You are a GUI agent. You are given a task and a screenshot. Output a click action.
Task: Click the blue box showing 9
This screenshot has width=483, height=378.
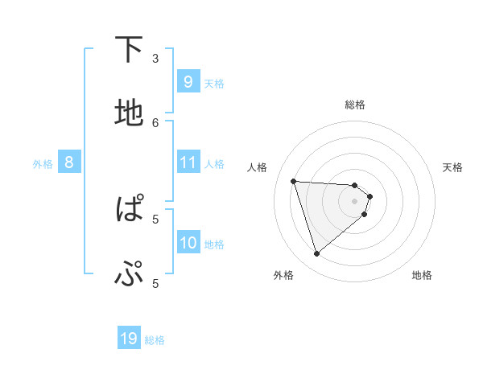(x=188, y=81)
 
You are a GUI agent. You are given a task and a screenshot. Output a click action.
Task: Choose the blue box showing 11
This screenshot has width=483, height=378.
(x=188, y=162)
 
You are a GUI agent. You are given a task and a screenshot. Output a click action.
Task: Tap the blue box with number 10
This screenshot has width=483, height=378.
(x=188, y=243)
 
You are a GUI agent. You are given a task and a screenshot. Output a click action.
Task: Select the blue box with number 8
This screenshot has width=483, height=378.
(x=69, y=162)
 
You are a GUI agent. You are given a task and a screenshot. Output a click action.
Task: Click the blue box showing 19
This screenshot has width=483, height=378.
(x=129, y=339)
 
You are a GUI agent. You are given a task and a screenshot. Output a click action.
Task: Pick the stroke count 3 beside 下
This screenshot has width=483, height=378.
(x=156, y=58)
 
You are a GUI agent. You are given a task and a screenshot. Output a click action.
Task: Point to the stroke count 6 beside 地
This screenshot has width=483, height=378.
(x=156, y=122)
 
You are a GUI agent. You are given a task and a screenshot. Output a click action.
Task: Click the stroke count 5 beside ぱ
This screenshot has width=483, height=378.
(x=156, y=218)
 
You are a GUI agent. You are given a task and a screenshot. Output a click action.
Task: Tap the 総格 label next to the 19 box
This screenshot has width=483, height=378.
(x=155, y=340)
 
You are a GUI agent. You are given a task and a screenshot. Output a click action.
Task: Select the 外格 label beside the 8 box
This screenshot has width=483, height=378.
(x=43, y=164)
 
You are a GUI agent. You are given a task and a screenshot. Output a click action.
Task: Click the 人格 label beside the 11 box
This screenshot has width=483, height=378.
(x=214, y=164)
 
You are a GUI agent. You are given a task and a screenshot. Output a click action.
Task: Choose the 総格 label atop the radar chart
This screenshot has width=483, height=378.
(x=355, y=105)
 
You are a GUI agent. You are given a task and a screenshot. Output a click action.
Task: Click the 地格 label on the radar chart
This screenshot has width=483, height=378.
(x=422, y=275)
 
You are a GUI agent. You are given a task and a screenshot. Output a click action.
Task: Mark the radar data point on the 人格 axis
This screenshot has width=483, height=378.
(x=294, y=181)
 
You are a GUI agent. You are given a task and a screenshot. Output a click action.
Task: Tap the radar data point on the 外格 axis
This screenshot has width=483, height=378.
(x=316, y=254)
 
